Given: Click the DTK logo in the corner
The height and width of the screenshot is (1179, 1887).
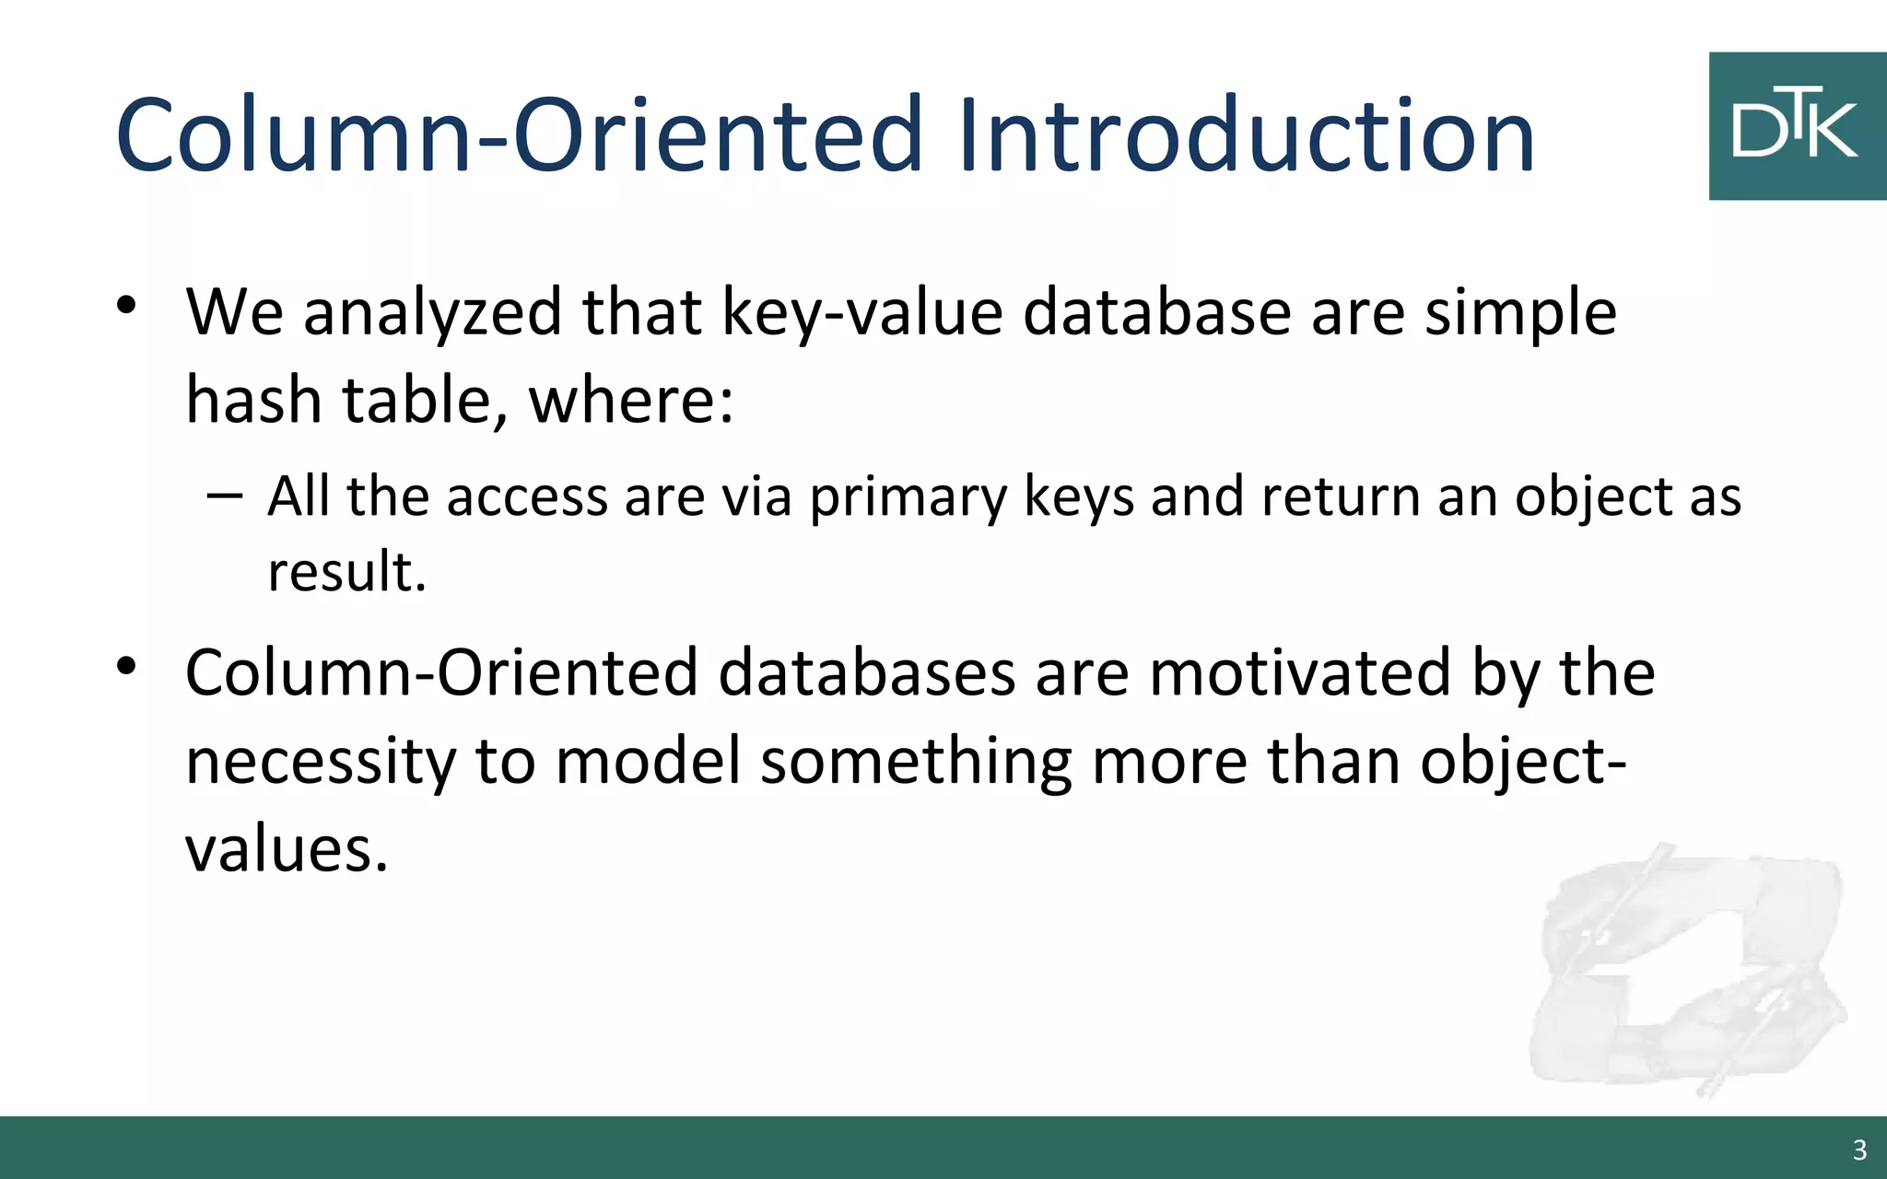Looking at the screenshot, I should pyautogui.click(x=1797, y=126).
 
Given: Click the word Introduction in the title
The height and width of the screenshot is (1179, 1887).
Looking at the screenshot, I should pyautogui.click(x=1246, y=136).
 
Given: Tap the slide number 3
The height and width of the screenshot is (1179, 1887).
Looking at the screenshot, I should pyautogui.click(x=1859, y=1150).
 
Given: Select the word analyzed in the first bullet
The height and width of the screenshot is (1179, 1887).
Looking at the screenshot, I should pyautogui.click(x=432, y=313).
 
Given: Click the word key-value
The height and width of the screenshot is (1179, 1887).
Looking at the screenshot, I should pyautogui.click(x=861, y=313).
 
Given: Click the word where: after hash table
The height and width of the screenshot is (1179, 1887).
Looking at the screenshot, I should pyautogui.click(x=631, y=402).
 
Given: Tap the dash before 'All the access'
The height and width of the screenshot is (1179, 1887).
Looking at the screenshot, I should pyautogui.click(x=225, y=495).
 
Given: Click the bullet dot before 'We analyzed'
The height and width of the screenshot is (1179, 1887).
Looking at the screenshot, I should pyautogui.click(x=126, y=305).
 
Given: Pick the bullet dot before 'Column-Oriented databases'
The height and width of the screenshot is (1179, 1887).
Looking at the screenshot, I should pyautogui.click(x=126, y=665).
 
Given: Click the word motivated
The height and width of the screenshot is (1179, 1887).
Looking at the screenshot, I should pyautogui.click(x=1299, y=672).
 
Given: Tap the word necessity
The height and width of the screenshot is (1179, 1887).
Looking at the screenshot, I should pyautogui.click(x=321, y=762).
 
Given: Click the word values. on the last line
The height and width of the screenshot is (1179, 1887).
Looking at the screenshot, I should pyautogui.click(x=287, y=849).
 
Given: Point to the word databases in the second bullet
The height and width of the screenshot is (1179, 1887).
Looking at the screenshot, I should pyautogui.click(x=866, y=672).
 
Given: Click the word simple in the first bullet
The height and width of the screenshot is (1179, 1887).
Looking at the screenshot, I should pyautogui.click(x=1520, y=313).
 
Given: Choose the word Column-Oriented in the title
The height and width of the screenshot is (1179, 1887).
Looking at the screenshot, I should pyautogui.click(x=519, y=136).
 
